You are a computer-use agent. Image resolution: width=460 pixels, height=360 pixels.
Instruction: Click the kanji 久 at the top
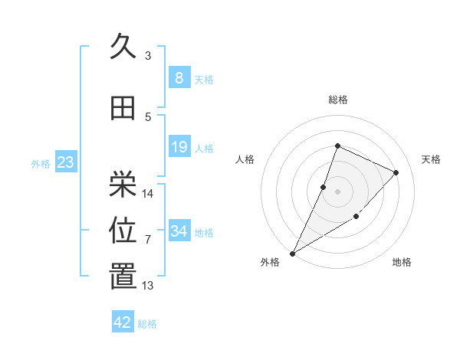click(x=123, y=47)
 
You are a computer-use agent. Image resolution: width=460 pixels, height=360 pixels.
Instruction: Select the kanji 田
click(x=123, y=108)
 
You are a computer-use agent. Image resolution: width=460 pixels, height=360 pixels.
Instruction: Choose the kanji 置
click(x=123, y=277)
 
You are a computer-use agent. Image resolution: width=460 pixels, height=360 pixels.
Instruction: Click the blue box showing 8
click(x=179, y=77)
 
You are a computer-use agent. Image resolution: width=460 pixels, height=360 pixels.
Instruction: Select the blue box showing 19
click(x=179, y=147)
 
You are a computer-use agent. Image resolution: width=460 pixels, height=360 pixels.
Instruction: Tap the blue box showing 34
click(x=179, y=231)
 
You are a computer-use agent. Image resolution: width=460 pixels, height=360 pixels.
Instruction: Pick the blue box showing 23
click(x=65, y=162)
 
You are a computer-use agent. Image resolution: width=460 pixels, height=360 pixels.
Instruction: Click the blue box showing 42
click(x=123, y=322)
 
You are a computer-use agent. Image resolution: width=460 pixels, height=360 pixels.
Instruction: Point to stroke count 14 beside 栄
click(x=148, y=193)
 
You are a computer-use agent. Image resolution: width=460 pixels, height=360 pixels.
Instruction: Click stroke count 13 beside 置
click(x=148, y=286)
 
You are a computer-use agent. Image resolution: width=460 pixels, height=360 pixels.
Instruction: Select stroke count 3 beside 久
click(x=148, y=56)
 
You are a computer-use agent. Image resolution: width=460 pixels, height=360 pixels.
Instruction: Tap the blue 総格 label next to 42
click(x=147, y=324)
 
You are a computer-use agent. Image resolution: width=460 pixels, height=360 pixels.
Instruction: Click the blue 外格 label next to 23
click(x=41, y=164)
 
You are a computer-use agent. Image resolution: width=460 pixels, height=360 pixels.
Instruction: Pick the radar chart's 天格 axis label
click(x=432, y=159)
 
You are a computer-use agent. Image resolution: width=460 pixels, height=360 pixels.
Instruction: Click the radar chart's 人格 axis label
click(x=245, y=159)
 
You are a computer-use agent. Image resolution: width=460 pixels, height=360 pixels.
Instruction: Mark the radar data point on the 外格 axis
click(x=292, y=253)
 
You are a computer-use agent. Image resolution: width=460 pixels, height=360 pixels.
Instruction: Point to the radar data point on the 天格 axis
click(x=396, y=172)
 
